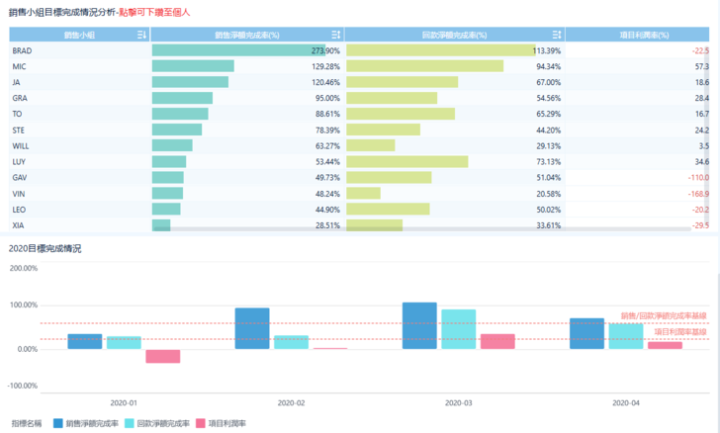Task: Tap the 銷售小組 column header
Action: click(79, 35)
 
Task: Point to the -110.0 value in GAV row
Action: click(698, 177)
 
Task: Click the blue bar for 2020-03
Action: click(419, 325)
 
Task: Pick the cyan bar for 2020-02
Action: click(291, 342)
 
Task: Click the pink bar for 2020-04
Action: click(665, 345)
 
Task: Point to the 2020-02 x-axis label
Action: click(292, 403)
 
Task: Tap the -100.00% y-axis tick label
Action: click(22, 386)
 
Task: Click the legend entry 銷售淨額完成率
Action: click(86, 423)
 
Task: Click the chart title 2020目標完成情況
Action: click(45, 248)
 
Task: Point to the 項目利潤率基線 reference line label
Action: click(679, 332)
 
